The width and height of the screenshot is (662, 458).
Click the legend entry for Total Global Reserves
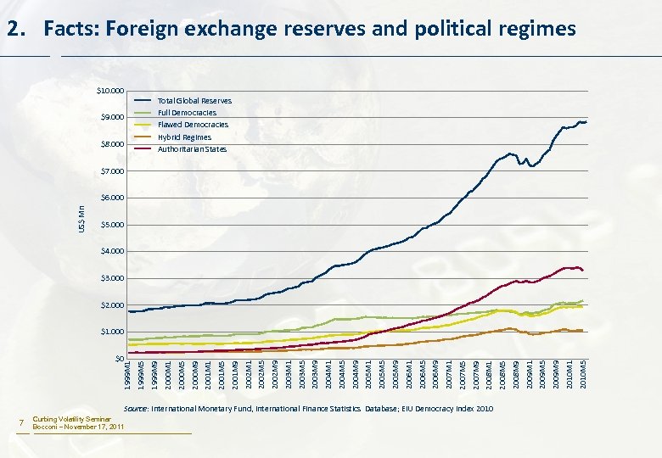194,101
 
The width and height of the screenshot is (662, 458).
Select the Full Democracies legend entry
187,113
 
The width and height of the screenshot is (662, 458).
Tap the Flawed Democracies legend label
193,125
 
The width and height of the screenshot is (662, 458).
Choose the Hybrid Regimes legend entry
184,137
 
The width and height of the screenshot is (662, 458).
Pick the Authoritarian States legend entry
192,149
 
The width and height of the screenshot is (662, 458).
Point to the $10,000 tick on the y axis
110,91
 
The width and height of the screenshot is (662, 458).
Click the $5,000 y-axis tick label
112,225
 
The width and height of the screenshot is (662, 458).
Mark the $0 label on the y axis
118,359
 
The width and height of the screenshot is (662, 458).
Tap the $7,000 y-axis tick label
112,171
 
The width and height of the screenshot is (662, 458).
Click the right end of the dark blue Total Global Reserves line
586,122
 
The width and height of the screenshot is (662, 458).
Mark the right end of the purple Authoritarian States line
583,271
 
